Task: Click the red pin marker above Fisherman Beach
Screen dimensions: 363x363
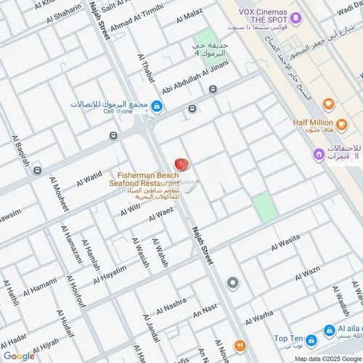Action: coord(181,166)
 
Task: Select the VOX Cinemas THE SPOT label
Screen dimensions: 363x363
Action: coord(261,16)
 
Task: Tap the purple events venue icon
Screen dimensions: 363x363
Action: coord(318,154)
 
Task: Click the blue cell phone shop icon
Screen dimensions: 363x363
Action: coord(157,105)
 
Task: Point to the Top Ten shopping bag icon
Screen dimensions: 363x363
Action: coord(311,340)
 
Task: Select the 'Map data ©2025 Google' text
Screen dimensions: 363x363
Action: coord(327,358)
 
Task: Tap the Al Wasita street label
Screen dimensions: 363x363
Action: coord(285,244)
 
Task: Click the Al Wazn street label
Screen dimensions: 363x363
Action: coord(306,273)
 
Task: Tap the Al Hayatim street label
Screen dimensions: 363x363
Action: coord(110,274)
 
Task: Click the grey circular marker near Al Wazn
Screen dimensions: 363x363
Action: coord(232,282)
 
